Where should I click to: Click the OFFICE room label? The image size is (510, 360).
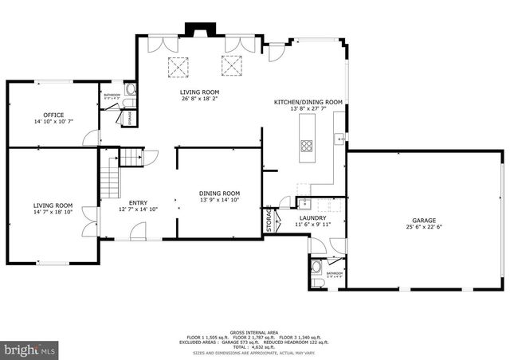(x=53, y=115)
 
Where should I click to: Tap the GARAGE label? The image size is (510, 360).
(x=425, y=219)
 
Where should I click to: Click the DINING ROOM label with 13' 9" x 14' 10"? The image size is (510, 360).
(x=219, y=194)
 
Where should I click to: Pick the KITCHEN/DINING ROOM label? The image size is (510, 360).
(x=308, y=102)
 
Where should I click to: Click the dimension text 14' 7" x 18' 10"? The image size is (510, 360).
(x=53, y=213)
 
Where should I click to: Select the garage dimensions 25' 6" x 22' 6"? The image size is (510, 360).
(x=425, y=226)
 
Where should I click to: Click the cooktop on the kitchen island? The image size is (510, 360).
(x=307, y=145)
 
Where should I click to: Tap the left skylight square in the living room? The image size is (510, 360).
(x=172, y=67)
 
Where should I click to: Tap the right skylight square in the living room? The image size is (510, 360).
(x=231, y=67)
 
